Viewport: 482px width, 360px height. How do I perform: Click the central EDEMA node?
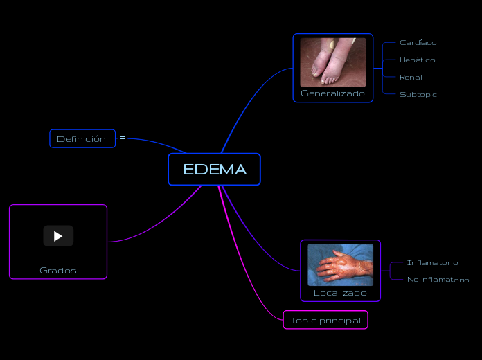pos(214,170)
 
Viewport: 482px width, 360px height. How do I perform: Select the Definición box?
pos(82,138)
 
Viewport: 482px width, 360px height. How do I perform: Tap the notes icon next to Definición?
pos(123,138)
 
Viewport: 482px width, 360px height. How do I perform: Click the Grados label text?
pos(58,270)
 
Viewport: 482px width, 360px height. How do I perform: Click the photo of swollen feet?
pos(332,62)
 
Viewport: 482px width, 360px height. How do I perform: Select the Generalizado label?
pos(332,93)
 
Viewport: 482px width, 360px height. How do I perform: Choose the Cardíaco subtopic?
pos(418,43)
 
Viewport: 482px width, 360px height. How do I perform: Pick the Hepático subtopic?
pos(417,60)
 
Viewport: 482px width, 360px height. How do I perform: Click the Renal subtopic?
pos(411,78)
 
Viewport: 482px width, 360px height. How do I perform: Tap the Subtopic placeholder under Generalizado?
pos(418,95)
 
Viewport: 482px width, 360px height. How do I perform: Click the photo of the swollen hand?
pos(340,264)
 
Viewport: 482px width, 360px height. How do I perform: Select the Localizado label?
pos(340,293)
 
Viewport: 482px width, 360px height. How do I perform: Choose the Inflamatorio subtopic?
pos(432,263)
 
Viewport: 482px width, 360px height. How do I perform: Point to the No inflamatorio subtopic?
pos(438,280)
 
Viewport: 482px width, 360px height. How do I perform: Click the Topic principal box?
pos(325,320)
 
